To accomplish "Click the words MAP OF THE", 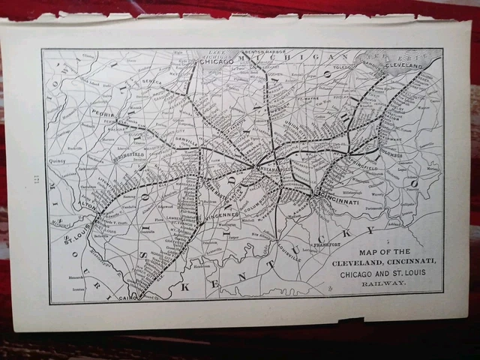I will [384, 250].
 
